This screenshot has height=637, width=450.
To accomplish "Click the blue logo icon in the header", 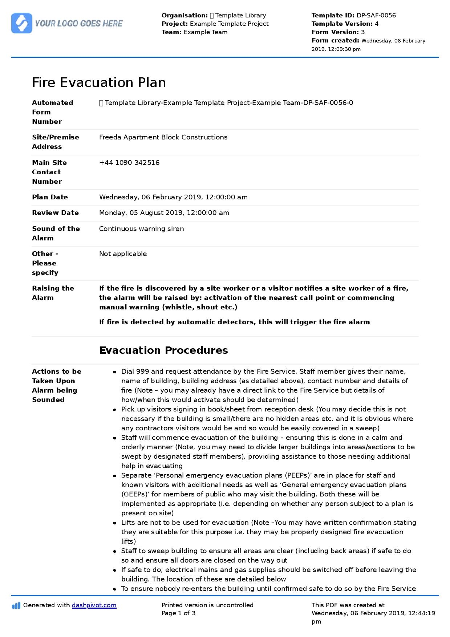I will click(x=22, y=23).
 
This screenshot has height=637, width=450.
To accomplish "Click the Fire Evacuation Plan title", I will click(x=99, y=83).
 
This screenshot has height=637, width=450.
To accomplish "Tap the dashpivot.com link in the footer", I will click(x=94, y=605).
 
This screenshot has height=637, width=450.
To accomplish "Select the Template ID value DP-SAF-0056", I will click(x=376, y=15).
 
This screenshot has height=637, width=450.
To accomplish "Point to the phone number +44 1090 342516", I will click(x=129, y=163).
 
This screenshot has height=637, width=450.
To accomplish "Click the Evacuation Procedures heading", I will click(x=163, y=350).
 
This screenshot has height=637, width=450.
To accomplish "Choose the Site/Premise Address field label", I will click(x=56, y=142).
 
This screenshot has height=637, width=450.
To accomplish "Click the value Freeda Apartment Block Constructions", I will click(x=163, y=137).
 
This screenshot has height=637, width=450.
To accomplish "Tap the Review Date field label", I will click(x=55, y=213).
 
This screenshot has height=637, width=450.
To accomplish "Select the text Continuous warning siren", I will click(x=141, y=229).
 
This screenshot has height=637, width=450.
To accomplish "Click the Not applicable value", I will click(x=123, y=254).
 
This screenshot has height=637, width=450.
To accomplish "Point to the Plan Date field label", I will click(x=50, y=197).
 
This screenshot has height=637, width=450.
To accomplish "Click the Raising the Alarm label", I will click(x=53, y=293).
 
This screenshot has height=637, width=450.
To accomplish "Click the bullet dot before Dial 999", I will click(x=114, y=372).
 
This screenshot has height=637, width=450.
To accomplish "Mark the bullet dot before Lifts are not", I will click(x=114, y=523).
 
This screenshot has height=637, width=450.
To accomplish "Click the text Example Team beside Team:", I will click(x=206, y=32).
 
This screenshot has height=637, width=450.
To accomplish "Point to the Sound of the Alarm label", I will click(x=56, y=234).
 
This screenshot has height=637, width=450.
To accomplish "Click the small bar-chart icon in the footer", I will click(x=16, y=605).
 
